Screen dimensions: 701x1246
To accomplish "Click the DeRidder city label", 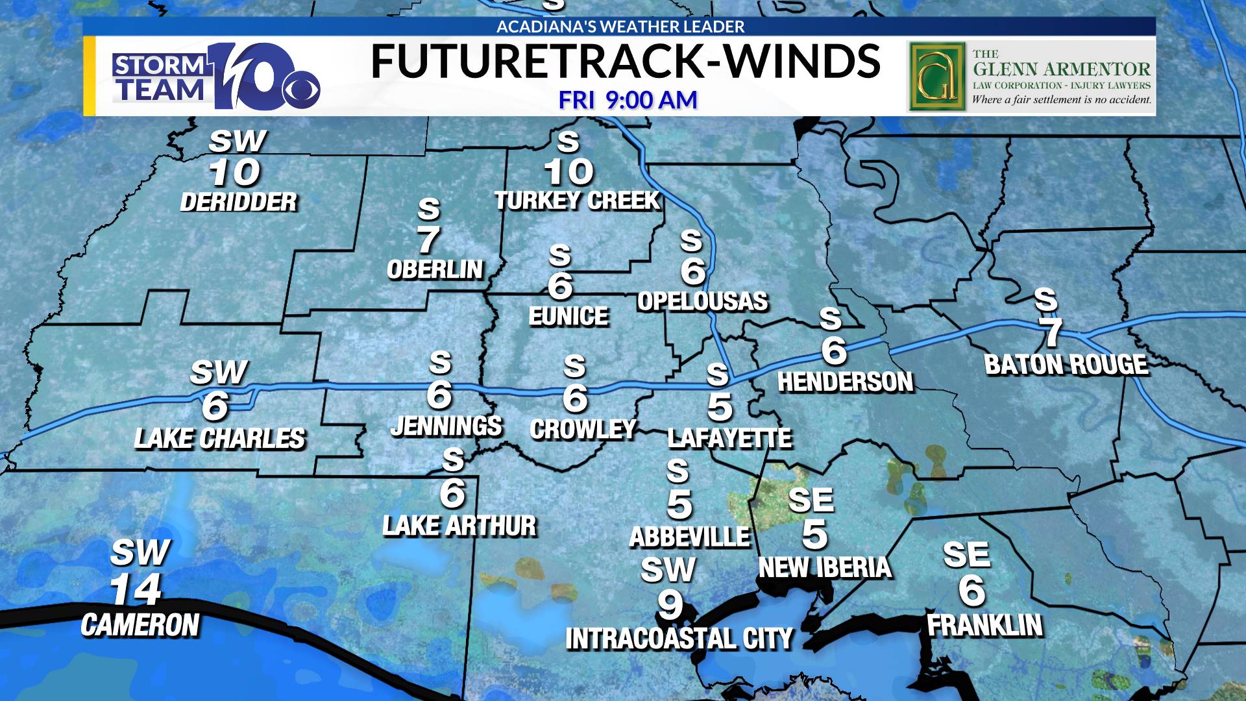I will pyautogui.click(x=238, y=202).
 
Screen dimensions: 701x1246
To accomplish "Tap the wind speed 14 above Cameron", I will pyautogui.click(x=136, y=590).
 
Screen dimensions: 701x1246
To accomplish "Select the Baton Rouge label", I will pyautogui.click(x=1066, y=365).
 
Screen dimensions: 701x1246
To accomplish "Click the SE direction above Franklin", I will pyautogui.click(x=966, y=555).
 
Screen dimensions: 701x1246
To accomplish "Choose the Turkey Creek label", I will pyautogui.click(x=577, y=201).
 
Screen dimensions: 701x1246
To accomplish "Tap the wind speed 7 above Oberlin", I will pyautogui.click(x=428, y=240).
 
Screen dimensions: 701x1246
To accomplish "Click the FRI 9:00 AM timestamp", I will pyautogui.click(x=628, y=100).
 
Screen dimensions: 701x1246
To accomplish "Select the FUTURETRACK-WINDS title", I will pyautogui.click(x=625, y=62).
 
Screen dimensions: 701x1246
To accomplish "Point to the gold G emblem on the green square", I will pyautogui.click(x=936, y=77).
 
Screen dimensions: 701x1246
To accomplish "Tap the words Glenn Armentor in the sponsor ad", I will pyautogui.click(x=1061, y=69).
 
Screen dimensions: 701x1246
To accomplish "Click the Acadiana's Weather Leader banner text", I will pyautogui.click(x=620, y=27).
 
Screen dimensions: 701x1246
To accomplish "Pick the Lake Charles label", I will pyautogui.click(x=219, y=439).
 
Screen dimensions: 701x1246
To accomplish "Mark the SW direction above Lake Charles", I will pyautogui.click(x=219, y=373).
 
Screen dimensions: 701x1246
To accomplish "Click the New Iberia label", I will pyautogui.click(x=825, y=568).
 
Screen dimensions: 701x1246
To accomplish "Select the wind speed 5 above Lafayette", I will pyautogui.click(x=720, y=407).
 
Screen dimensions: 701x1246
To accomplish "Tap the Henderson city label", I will pyautogui.click(x=845, y=382).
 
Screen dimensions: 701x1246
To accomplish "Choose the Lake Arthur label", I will pyautogui.click(x=459, y=526).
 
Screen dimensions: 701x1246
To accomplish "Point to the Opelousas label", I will pyautogui.click(x=702, y=301).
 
